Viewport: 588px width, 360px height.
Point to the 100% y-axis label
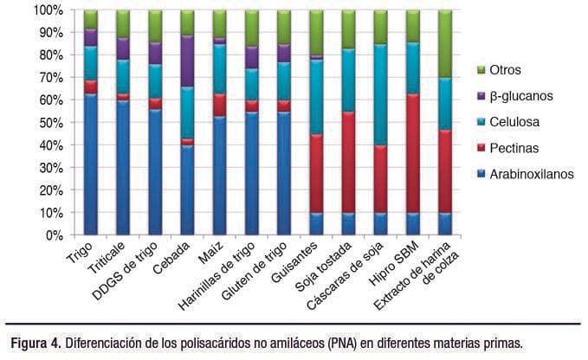(x=47, y=10)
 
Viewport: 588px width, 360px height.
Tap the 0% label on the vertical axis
(x=54, y=235)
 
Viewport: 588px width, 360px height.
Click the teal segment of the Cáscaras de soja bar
(x=379, y=95)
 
